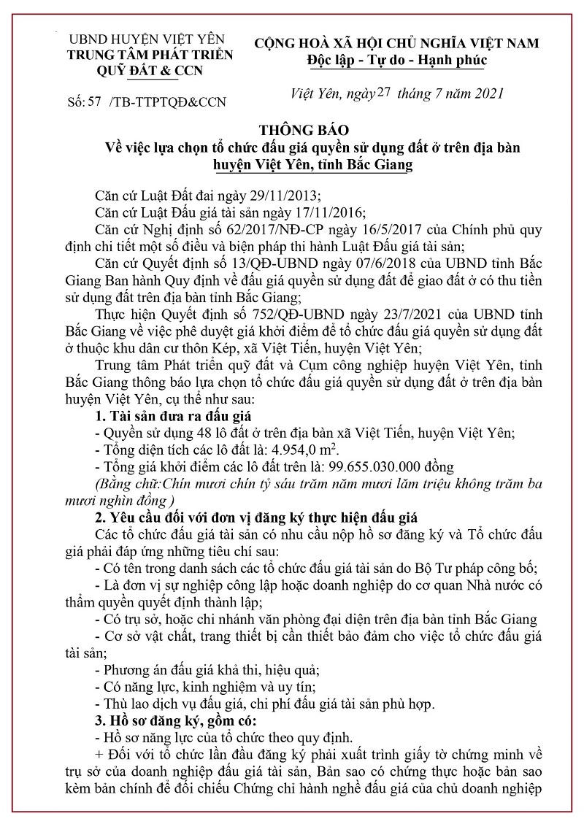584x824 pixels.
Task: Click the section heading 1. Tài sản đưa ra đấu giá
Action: point(173,416)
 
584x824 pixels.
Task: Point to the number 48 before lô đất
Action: point(191,433)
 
